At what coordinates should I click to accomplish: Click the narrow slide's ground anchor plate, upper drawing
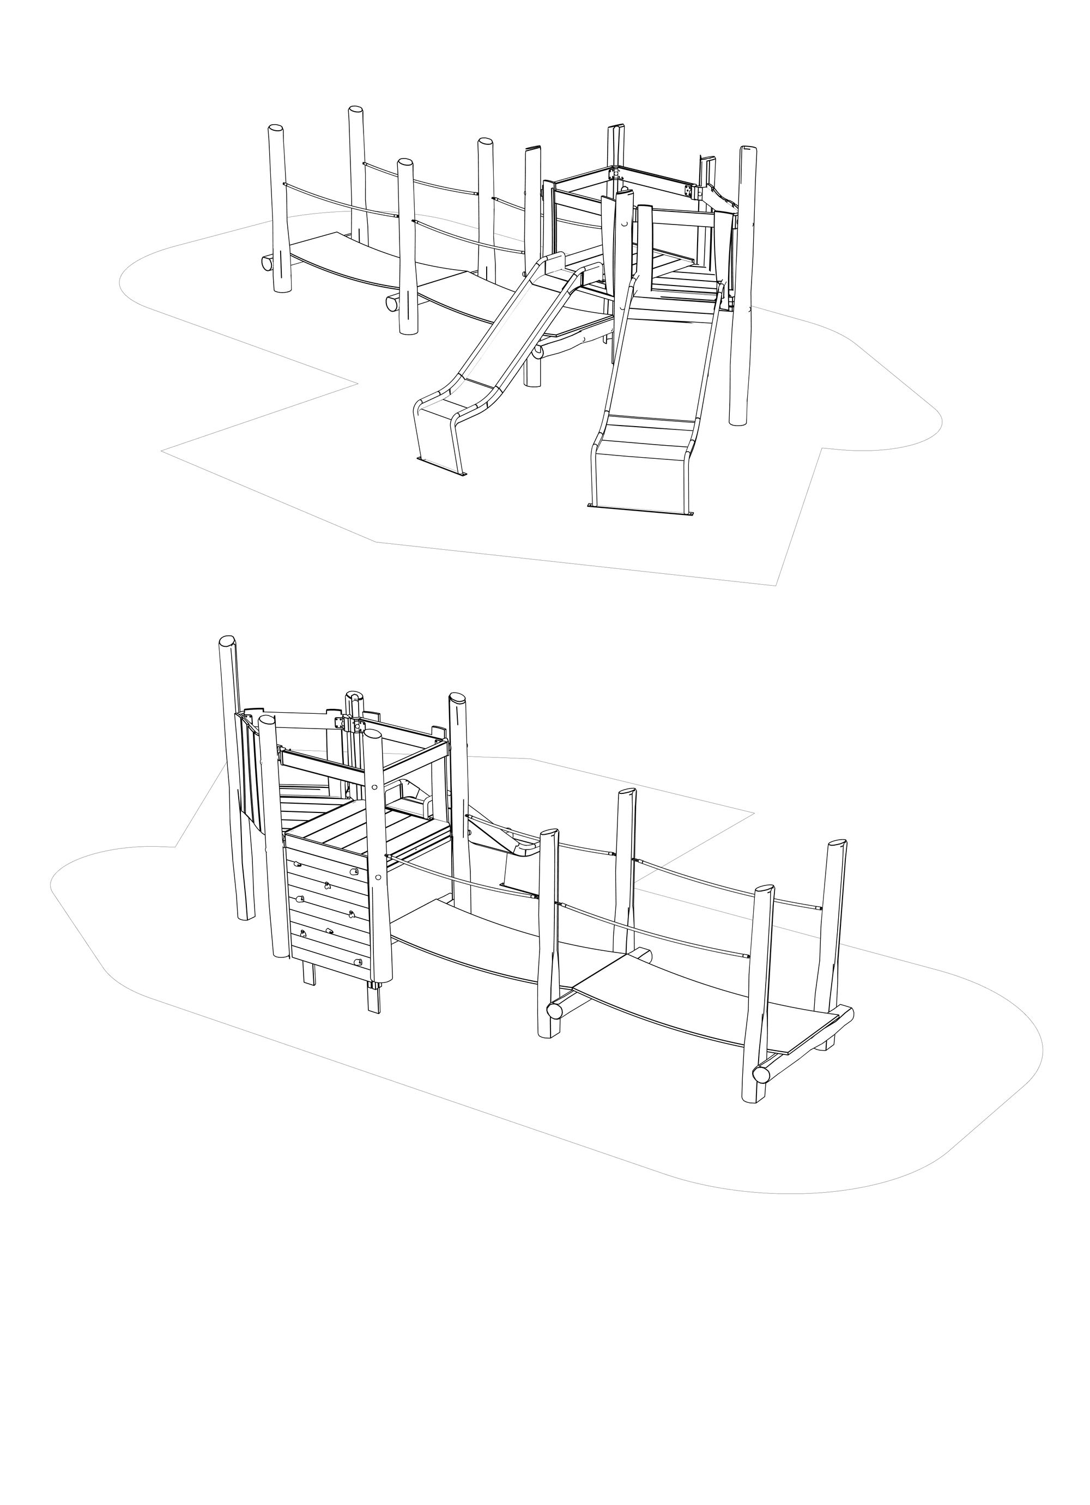click(442, 466)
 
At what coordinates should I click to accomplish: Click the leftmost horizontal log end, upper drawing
click(267, 262)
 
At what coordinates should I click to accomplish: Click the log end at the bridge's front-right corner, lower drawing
click(761, 1091)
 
